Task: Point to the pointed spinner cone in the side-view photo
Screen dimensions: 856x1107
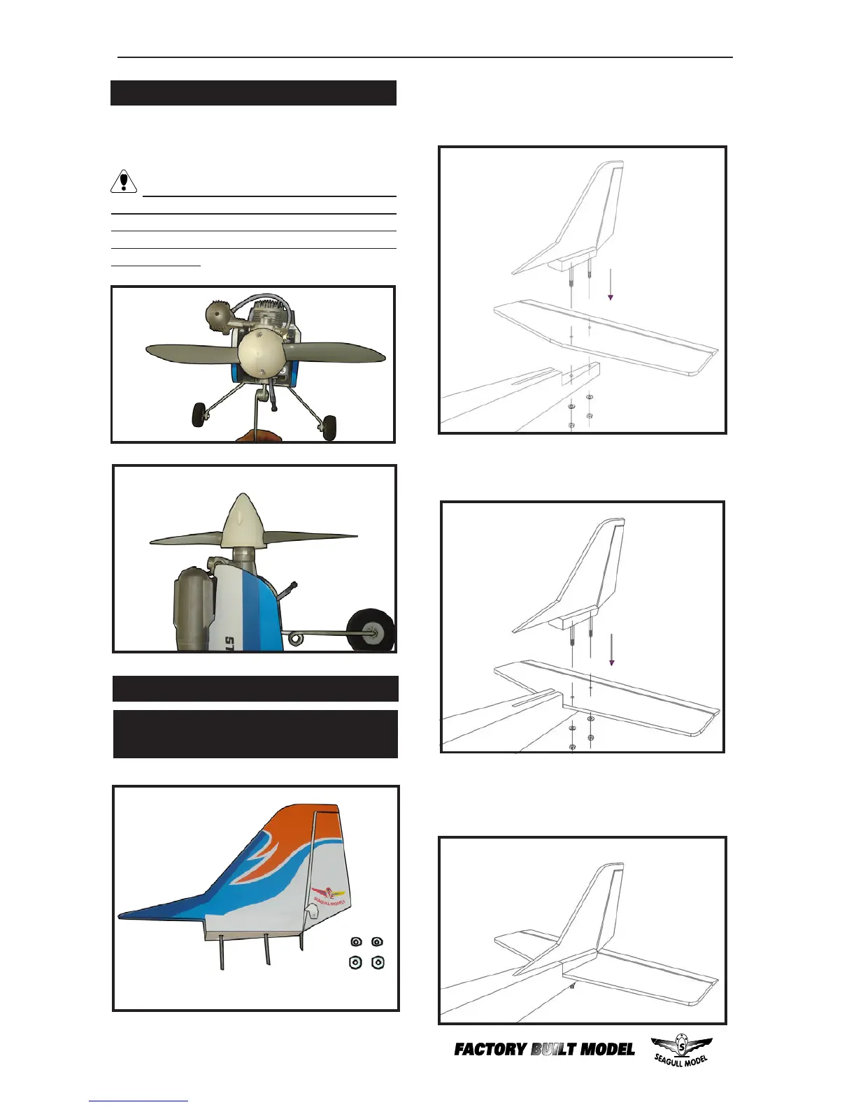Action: point(240,521)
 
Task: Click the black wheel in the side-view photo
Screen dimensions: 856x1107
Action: point(371,630)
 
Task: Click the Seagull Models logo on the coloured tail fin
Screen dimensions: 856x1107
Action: point(329,895)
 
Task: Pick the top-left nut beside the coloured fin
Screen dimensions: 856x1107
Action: point(356,942)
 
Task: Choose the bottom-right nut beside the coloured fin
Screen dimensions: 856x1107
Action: point(378,963)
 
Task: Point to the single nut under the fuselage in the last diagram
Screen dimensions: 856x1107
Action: point(573,986)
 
